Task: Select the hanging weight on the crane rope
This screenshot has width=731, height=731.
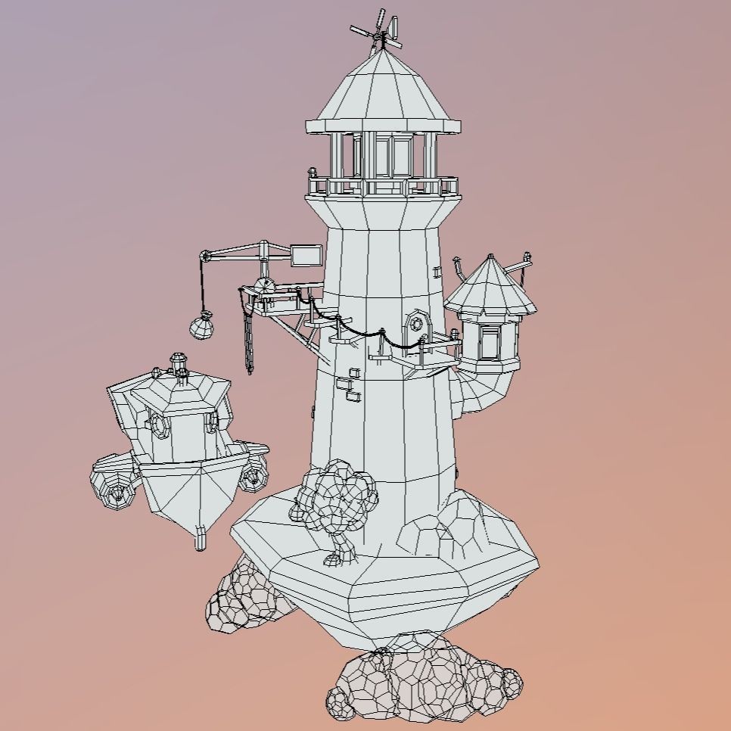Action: (x=201, y=327)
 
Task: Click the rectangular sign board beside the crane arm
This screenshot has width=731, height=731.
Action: (x=306, y=255)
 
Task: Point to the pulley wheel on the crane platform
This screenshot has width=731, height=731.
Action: (x=263, y=287)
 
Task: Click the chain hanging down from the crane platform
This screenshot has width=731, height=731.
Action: (x=248, y=341)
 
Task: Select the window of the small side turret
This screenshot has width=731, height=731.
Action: (x=490, y=341)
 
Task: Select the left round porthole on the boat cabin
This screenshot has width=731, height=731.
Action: (x=160, y=425)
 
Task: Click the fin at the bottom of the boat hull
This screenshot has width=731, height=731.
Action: (x=200, y=539)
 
